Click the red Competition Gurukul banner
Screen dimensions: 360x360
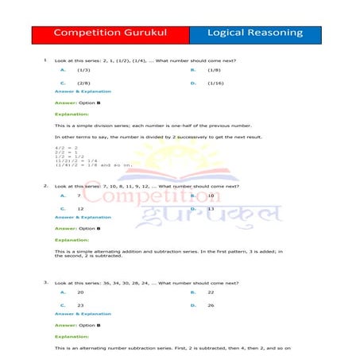tap(110, 33)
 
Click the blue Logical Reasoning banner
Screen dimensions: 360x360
tap(255, 33)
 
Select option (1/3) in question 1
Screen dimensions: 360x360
tap(83, 70)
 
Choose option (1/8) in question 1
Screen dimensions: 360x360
tap(214, 70)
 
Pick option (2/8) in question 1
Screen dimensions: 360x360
tap(83, 83)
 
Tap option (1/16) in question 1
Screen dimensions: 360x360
tap(215, 83)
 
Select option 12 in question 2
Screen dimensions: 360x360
tap(80, 208)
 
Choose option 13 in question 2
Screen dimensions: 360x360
tap(211, 208)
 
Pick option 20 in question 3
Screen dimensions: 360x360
tap(80, 292)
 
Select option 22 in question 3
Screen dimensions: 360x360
tap(211, 292)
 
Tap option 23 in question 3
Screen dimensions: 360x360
tap(80, 305)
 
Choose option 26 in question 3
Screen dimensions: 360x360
tap(211, 305)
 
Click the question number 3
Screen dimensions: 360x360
tap(45, 282)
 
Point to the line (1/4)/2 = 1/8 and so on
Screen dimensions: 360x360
tap(87, 165)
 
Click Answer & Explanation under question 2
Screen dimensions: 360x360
tap(83, 217)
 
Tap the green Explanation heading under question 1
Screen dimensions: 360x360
tap(72, 114)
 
